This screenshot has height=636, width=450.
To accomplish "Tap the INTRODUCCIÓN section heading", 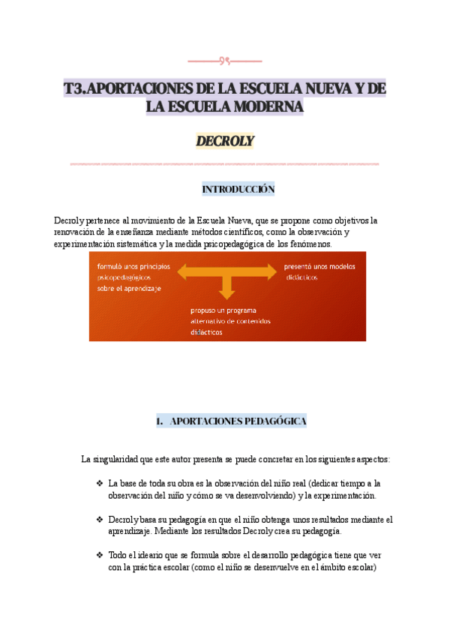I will point(238,190).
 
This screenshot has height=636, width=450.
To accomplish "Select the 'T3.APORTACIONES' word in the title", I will point(118,89).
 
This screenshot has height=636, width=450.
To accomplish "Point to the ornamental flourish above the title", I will point(224,61).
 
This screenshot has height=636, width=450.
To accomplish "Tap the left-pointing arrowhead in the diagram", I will point(183,272).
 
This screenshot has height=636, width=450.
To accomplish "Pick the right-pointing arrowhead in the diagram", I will point(270,272).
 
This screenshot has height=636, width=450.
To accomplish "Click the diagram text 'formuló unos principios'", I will point(133,266).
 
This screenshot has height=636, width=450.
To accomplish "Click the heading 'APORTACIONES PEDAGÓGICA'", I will point(238,421).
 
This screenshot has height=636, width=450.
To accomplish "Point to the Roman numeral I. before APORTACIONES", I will point(159,421).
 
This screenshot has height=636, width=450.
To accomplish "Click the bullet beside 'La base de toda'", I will point(100,483).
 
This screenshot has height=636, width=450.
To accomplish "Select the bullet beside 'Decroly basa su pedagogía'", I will point(100,519).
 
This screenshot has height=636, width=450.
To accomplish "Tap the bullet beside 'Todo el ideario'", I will point(100,555).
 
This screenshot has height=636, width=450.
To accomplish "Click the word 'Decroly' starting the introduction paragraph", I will point(70,220).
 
